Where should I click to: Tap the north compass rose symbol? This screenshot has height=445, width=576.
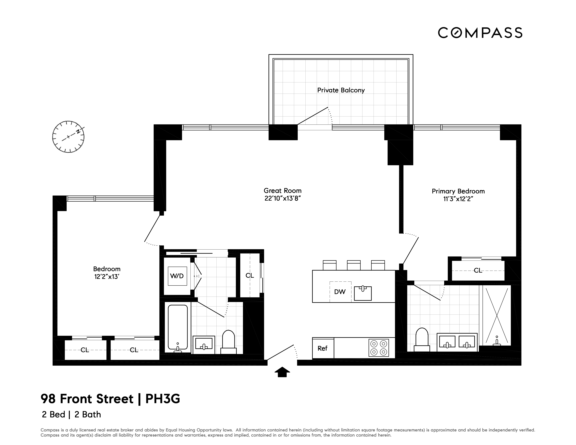point(68,137)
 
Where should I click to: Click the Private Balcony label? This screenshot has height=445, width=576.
point(341,90)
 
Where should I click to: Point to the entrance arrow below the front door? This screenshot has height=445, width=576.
point(282,372)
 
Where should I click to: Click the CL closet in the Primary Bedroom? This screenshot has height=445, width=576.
point(478,271)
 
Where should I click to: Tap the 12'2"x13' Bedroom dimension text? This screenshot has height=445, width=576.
point(107,277)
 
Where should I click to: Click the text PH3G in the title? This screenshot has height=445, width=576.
point(163,399)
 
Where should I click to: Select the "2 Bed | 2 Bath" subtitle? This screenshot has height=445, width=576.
point(71,414)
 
